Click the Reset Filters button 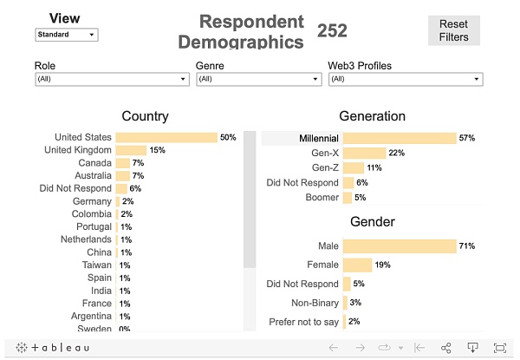pos(453,30)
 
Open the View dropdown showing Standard pos(67,35)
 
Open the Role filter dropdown pos(112,79)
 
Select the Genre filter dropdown pos(258,79)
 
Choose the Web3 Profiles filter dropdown pos(405,79)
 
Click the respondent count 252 pos(332,30)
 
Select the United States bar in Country pos(166,137)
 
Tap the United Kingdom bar pos(131,150)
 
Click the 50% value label pos(228,137)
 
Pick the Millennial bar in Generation pos(400,138)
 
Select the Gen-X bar pos(365,153)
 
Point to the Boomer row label pos(322,197)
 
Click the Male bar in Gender pos(400,246)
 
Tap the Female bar pos(358,265)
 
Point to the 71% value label pos(467,246)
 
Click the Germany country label pos(92,201)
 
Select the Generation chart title pos(372,116)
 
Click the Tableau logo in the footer pos(52,348)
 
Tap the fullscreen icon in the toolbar pos(500,348)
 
